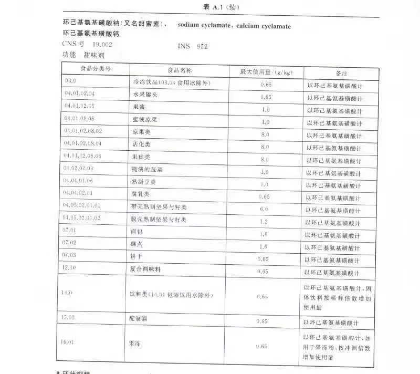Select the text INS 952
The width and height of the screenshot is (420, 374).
pos(192,47)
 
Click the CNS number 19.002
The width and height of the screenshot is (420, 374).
pos(102,45)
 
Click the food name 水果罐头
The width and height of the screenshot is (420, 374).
pos(144,95)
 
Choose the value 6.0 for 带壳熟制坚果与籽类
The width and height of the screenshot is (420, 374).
pos(264,209)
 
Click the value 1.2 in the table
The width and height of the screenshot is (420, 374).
pos(264,221)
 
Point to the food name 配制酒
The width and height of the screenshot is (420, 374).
pos(139,319)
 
